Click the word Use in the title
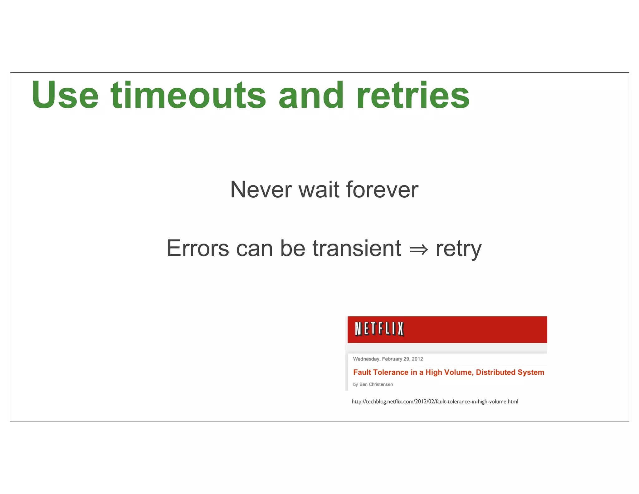(65, 95)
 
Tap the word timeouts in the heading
(188, 95)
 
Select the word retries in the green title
(413, 95)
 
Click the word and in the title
(311, 95)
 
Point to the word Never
(261, 190)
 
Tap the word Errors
(198, 248)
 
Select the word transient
(357, 248)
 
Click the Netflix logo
(379, 329)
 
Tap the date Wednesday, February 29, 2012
(388, 359)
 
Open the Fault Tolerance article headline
(448, 372)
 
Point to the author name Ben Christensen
(376, 384)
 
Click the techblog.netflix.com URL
(435, 402)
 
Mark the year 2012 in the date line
(417, 359)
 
